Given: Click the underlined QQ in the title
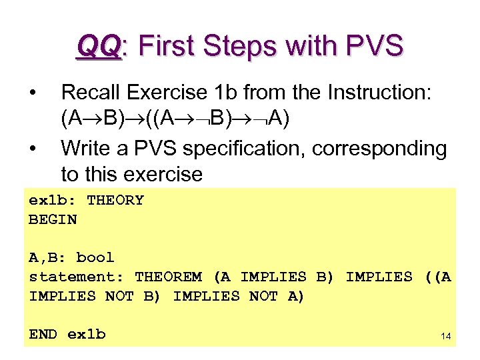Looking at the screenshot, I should pyautogui.click(x=99, y=47).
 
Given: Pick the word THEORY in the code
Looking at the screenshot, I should pyautogui.click(x=115, y=200).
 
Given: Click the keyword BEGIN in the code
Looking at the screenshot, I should pyautogui.click(x=53, y=219).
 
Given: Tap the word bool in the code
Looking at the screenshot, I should pyautogui.click(x=95, y=257).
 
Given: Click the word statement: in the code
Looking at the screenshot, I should pyautogui.click(x=77, y=277).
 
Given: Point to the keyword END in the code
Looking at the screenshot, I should pyautogui.click(x=43, y=334).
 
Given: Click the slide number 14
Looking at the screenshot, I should pyautogui.click(x=446, y=337).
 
